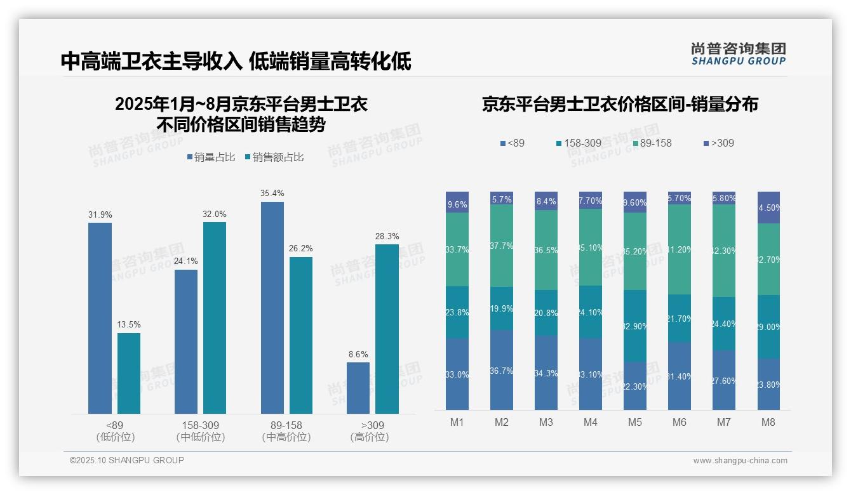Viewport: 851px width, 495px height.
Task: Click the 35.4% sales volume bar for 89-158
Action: click(272, 308)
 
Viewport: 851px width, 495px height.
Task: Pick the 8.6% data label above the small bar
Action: click(358, 354)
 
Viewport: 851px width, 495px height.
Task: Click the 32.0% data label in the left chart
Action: click(215, 214)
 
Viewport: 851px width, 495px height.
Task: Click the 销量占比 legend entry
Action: click(211, 157)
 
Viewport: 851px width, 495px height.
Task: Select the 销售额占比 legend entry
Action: click(274, 157)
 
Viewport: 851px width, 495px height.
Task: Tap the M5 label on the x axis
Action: click(635, 423)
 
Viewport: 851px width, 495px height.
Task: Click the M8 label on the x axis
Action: click(768, 423)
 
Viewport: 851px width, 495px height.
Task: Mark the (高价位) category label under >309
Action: click(369, 437)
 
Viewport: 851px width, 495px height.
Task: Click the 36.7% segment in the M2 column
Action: click(502, 370)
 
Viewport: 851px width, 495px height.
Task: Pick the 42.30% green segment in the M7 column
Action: click(724, 251)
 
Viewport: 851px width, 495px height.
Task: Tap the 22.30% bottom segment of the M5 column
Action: click(635, 386)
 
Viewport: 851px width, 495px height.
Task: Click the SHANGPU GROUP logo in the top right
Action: click(738, 53)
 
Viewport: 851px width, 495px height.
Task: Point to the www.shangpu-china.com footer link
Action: click(740, 461)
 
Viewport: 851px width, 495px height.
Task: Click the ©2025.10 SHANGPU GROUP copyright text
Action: click(127, 460)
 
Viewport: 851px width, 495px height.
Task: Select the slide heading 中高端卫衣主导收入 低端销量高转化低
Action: click(236, 62)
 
